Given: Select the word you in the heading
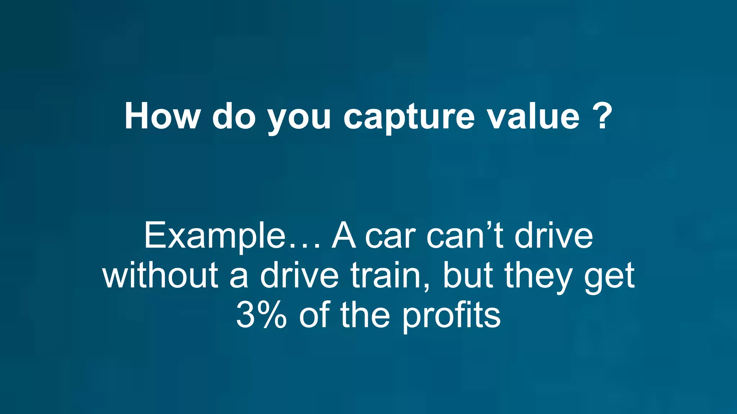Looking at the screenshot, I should pos(299,119).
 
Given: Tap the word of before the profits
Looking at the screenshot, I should pos(314,315).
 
